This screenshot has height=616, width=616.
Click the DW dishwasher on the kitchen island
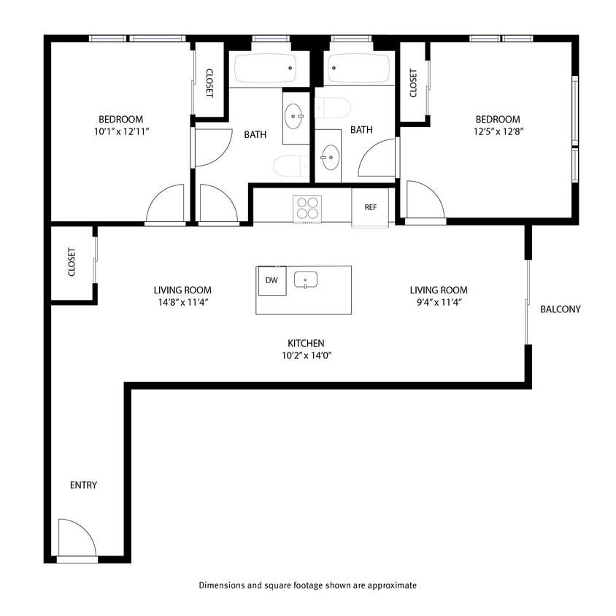[272, 280]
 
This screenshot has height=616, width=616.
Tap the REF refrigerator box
[370, 207]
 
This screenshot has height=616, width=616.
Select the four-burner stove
[307, 207]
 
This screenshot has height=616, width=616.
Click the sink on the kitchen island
[306, 280]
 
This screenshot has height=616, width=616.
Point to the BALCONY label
[560, 309]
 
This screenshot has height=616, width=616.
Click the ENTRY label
[83, 485]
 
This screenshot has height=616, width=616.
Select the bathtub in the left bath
[264, 69]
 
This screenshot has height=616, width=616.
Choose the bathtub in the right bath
[358, 69]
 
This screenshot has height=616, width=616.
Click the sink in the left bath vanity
[295, 115]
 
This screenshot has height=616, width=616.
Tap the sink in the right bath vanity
[329, 156]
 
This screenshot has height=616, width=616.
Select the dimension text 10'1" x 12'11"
[121, 132]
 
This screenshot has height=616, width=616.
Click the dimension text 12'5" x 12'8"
[497, 132]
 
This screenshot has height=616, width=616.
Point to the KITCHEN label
[306, 343]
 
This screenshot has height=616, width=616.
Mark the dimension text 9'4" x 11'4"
[438, 302]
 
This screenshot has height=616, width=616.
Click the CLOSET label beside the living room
[72, 263]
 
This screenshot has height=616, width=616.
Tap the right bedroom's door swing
[424, 200]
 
